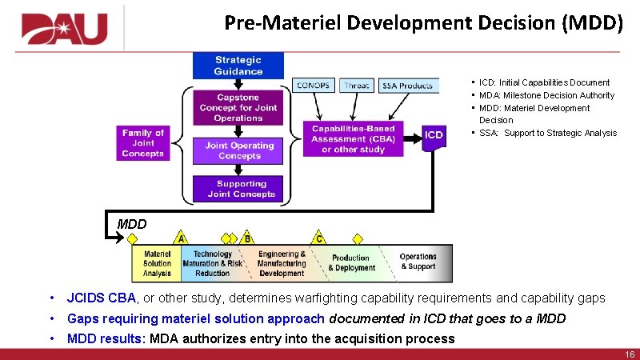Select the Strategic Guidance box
click(x=238, y=66)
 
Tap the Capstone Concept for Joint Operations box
click(x=238, y=107)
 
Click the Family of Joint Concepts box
click(x=143, y=143)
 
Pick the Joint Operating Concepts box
click(x=239, y=150)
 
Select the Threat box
click(x=357, y=86)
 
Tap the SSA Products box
click(x=407, y=86)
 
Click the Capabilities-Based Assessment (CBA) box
click(x=354, y=139)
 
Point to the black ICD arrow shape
click(x=432, y=135)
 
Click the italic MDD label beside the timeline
click(x=131, y=224)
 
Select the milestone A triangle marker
click(x=182, y=238)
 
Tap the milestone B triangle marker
click(x=248, y=238)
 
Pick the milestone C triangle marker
click(x=318, y=238)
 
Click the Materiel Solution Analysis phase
click(x=157, y=263)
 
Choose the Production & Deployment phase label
click(x=351, y=263)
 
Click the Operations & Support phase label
click(x=418, y=262)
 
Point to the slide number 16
click(x=628, y=354)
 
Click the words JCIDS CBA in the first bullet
click(x=102, y=298)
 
